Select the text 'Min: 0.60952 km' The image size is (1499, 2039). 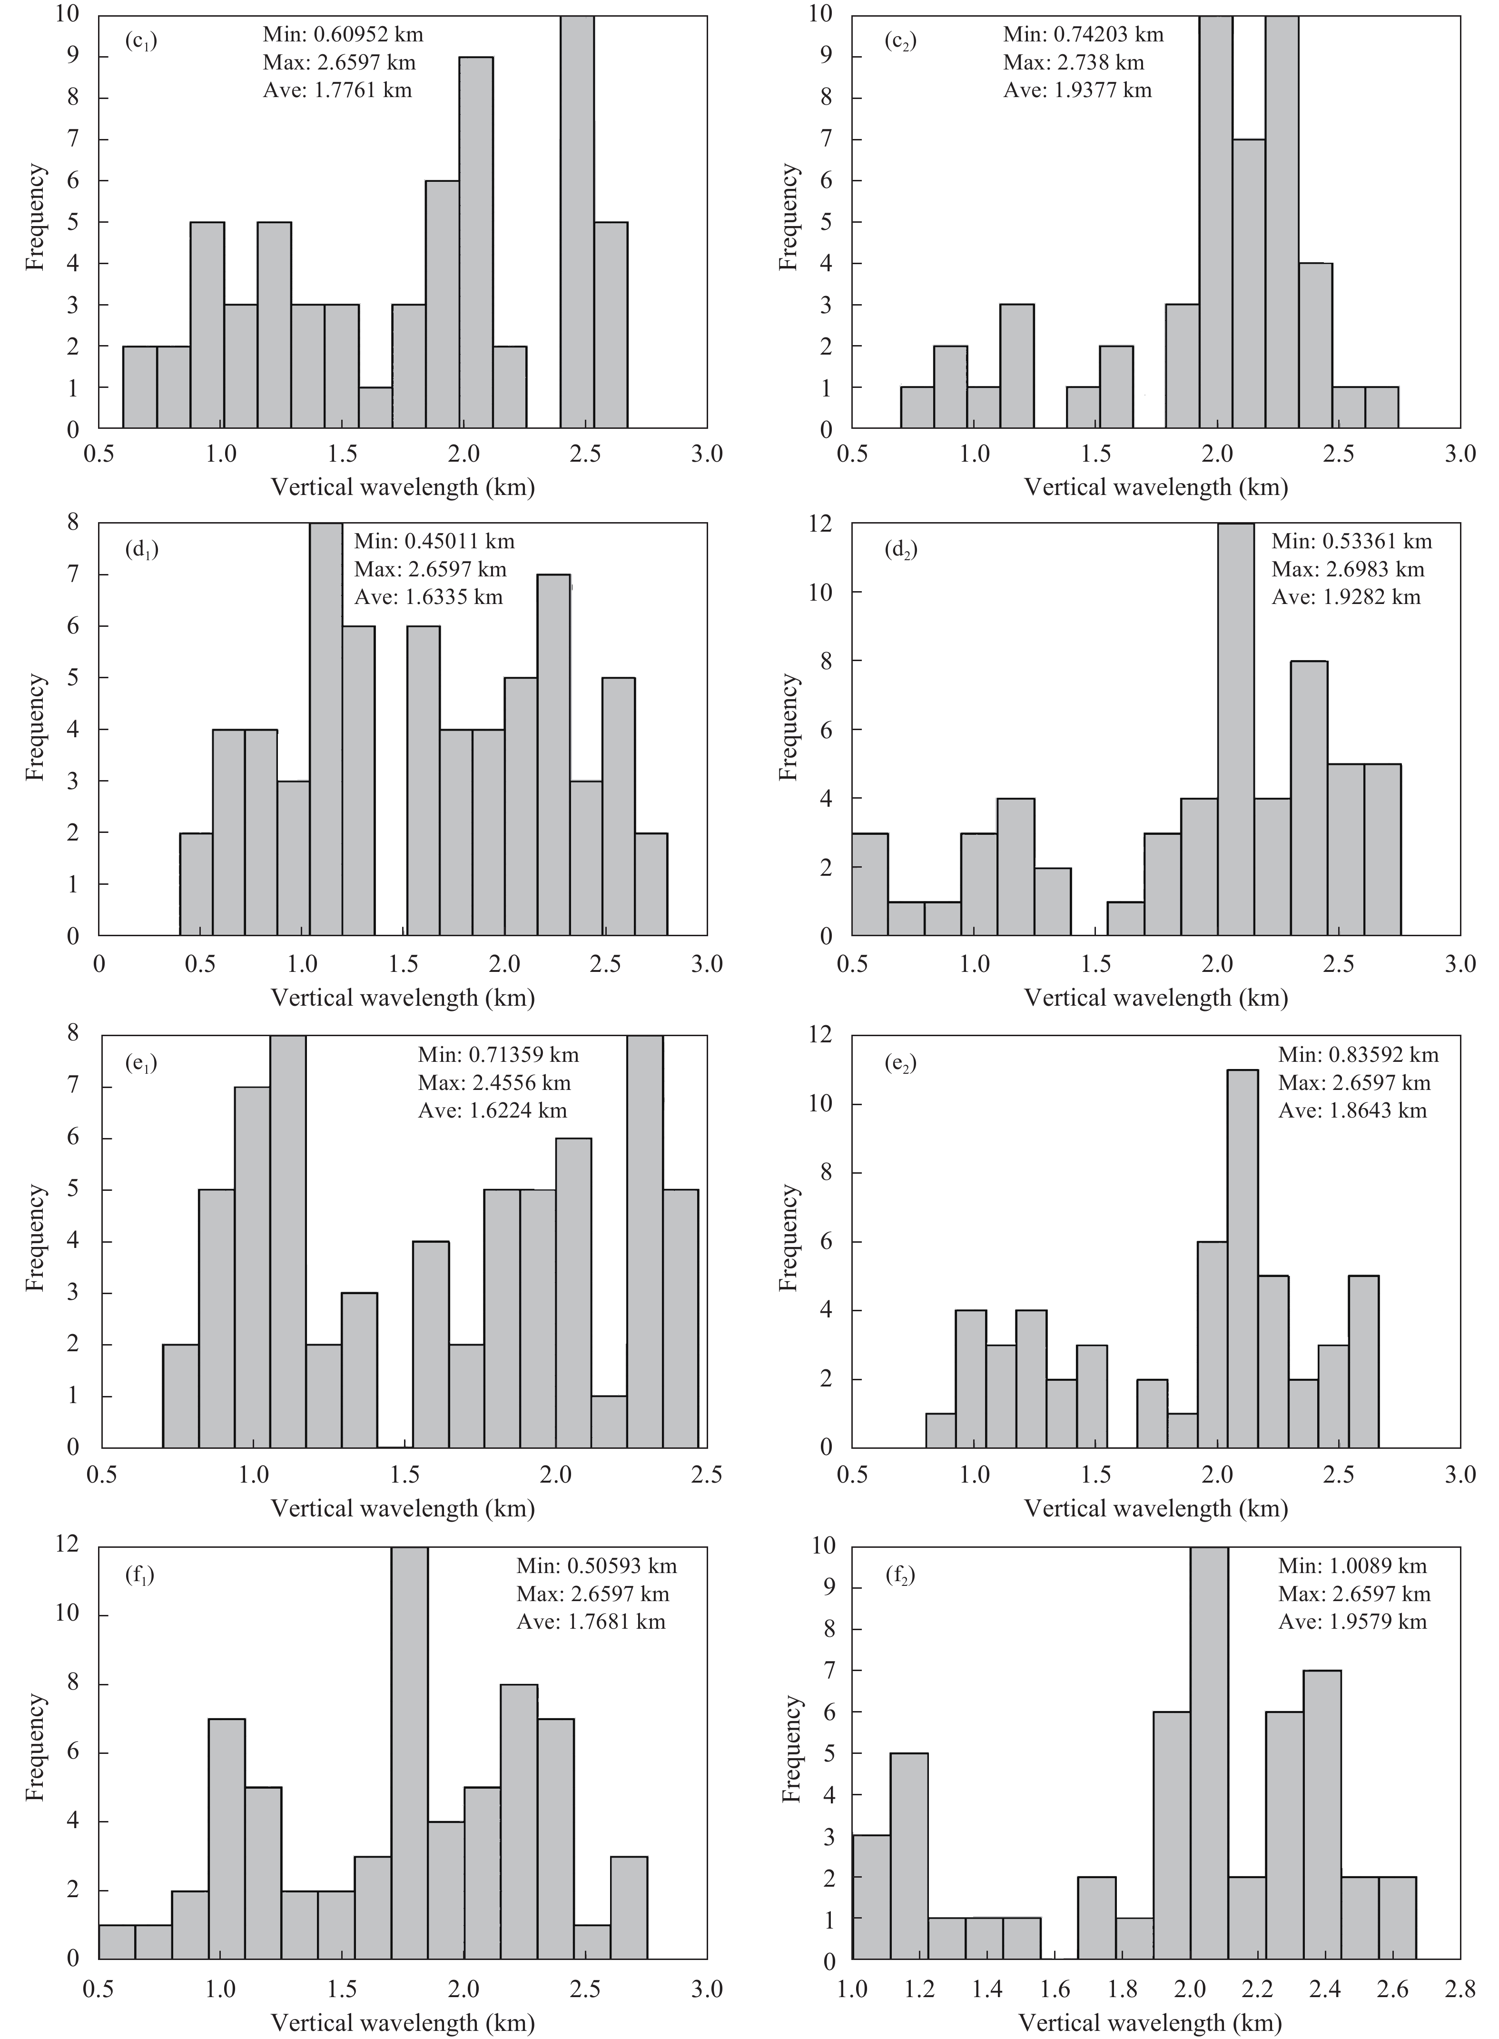point(343,35)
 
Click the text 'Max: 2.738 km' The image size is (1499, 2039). point(1074,63)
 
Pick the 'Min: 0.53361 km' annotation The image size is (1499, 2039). point(1351,542)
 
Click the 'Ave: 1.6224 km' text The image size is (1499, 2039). point(493,1111)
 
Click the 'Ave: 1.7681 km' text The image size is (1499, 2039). point(591,1622)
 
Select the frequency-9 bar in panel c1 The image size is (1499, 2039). point(476,243)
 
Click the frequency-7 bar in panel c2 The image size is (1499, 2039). point(1250,284)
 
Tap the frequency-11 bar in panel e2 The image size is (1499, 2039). point(1242,1258)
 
